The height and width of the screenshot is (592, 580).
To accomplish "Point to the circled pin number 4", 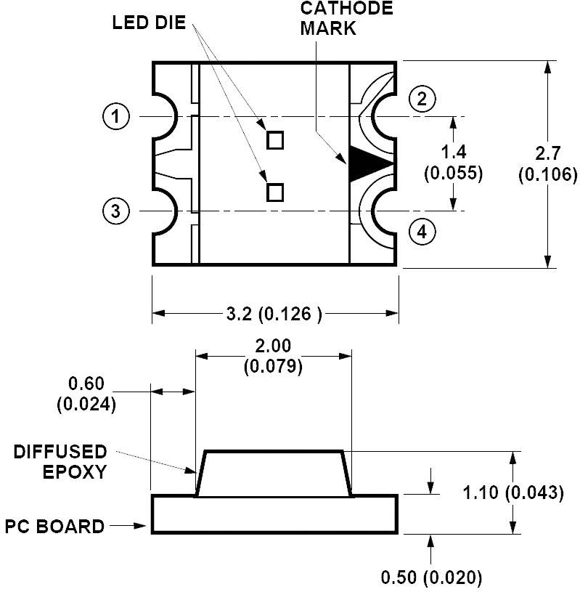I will tap(423, 232).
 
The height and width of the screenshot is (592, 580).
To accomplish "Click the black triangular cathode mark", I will tap(367, 163).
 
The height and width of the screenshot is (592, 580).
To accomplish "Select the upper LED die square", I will tap(275, 139).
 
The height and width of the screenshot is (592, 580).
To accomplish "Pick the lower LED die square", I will tap(275, 192).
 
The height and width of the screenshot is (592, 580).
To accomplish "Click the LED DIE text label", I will tap(149, 23).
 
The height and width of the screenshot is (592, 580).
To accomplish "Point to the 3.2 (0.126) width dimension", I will tap(274, 314).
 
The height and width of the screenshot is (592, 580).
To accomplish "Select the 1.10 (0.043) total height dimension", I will tap(512, 492).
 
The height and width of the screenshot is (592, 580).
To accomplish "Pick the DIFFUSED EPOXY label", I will tap(60, 461).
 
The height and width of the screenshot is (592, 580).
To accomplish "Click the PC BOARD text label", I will tap(55, 526).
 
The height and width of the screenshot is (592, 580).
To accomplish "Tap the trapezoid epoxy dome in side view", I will tap(274, 474).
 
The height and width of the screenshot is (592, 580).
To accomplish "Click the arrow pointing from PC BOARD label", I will tap(131, 525).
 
